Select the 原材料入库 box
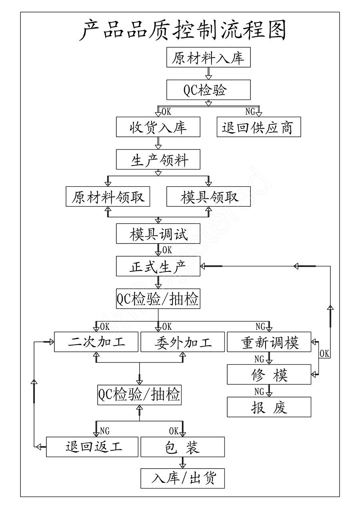(208, 58)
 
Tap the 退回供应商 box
(258, 127)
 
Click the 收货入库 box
(158, 127)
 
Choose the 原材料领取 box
(108, 197)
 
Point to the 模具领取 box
(208, 197)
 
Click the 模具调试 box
(158, 234)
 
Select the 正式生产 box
(158, 266)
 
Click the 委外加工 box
(182, 342)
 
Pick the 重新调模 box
(269, 342)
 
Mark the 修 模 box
(269, 375)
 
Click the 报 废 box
(269, 407)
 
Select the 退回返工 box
(92, 447)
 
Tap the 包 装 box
(182, 447)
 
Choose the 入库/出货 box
(182, 478)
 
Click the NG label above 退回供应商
(250, 112)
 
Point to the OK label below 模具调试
(167, 250)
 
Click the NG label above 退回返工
(104, 431)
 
